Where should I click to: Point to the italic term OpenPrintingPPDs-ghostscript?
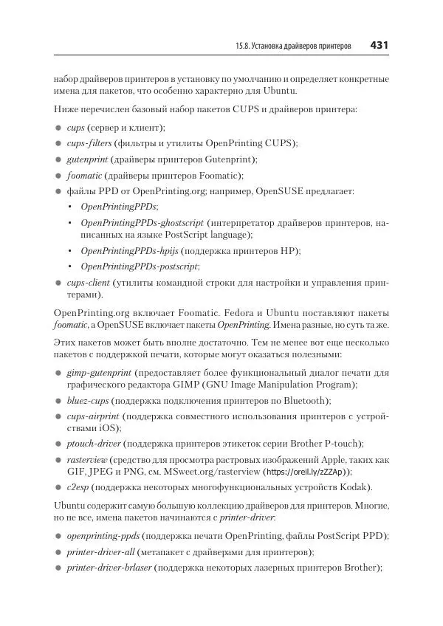point(142,222)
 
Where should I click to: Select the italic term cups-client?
point(88,283)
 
